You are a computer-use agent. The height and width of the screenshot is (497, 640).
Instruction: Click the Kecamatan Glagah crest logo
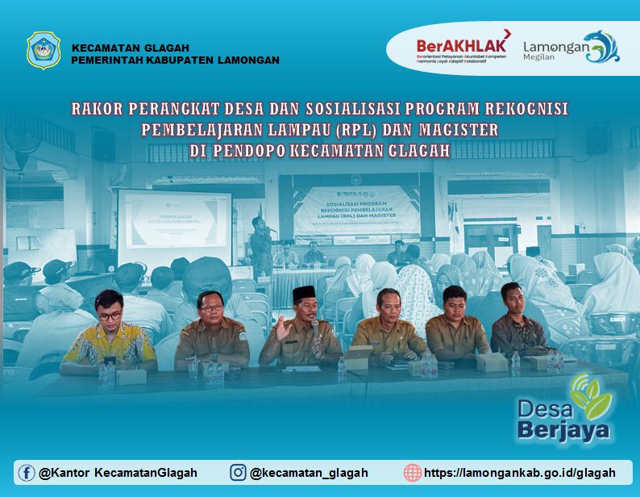point(44,51)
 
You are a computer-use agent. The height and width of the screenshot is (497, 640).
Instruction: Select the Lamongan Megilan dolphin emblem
point(601,47)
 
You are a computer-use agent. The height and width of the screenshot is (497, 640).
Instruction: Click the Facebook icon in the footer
point(27,473)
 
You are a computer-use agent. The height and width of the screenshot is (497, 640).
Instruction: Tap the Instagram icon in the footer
point(238,473)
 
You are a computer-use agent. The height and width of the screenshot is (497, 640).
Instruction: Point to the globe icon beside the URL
point(413,473)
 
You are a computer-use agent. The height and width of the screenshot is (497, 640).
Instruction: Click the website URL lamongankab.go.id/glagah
point(519,473)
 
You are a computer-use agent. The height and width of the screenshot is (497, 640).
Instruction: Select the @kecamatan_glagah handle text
point(309,473)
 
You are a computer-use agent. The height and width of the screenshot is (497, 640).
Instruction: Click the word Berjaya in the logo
point(563,428)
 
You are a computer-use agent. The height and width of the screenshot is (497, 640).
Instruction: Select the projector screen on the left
point(173,228)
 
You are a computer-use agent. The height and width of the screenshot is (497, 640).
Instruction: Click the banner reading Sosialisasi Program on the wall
point(355,213)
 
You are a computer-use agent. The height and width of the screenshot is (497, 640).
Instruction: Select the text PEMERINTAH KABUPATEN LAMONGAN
point(175,60)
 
